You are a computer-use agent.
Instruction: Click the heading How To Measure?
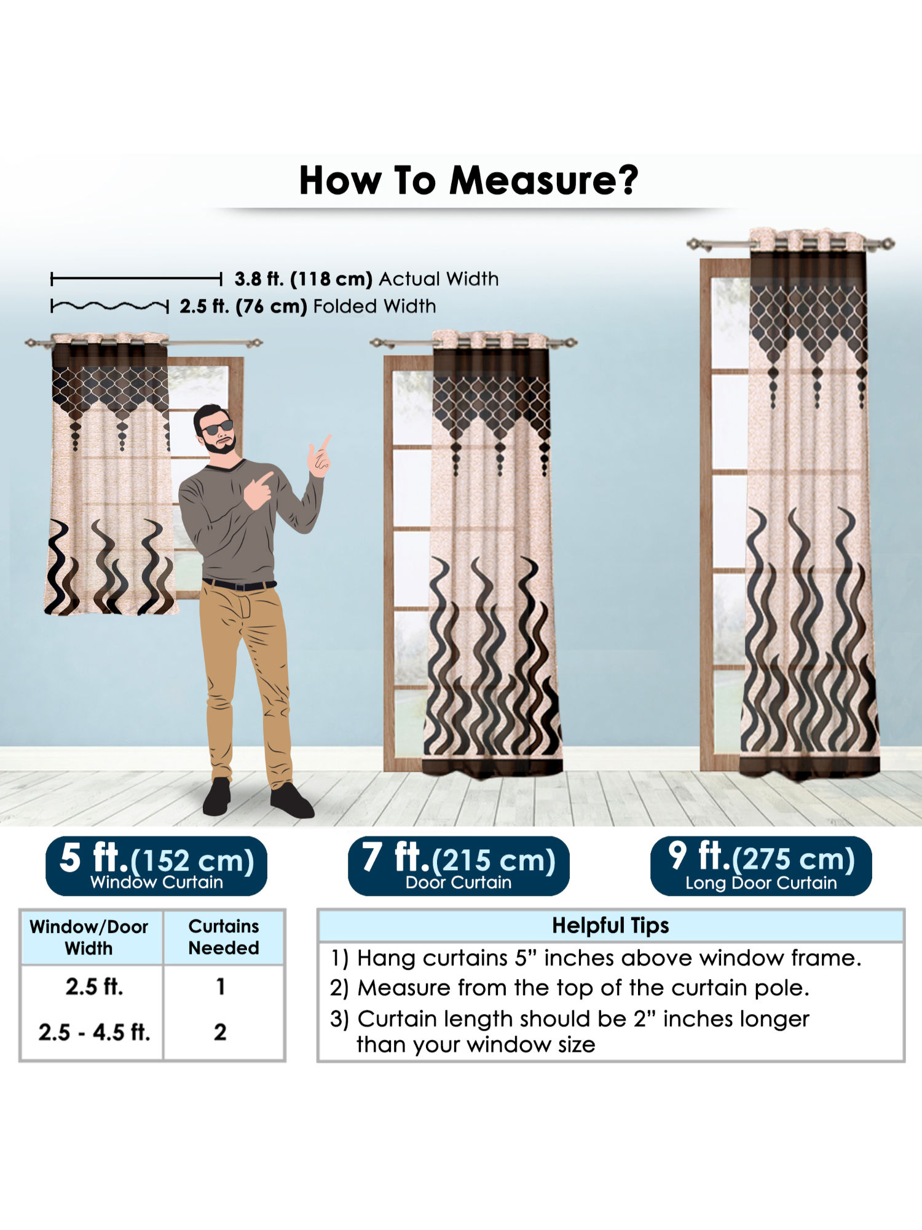coord(468,181)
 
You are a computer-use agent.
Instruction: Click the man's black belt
coord(239,584)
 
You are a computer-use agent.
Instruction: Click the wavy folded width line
coord(109,306)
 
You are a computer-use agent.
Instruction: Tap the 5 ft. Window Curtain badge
coord(156,865)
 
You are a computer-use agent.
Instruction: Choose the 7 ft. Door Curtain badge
coord(459,865)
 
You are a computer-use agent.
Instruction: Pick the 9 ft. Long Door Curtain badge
coord(761,865)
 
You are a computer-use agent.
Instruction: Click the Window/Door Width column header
coord(89,937)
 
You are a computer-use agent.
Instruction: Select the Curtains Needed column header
coord(224,937)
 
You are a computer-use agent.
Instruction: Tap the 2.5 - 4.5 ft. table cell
coord(94,1032)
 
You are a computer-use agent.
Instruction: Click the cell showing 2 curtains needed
coord(220,1032)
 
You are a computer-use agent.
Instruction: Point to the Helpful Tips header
coord(610,926)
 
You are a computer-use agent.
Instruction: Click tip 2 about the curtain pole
coord(569,988)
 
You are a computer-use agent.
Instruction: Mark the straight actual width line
coord(136,280)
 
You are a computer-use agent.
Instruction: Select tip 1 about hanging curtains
coord(596,958)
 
